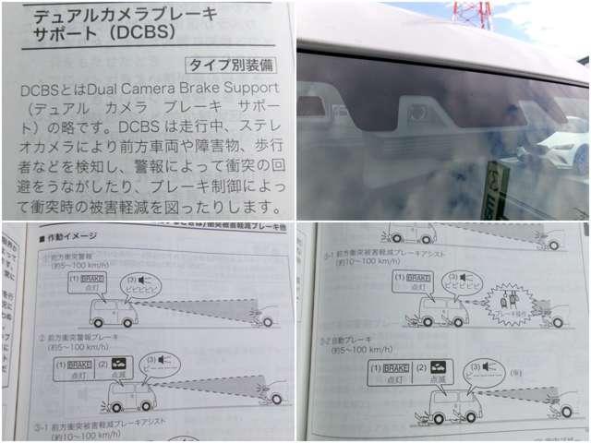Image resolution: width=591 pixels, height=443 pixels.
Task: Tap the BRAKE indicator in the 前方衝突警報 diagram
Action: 93,278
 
